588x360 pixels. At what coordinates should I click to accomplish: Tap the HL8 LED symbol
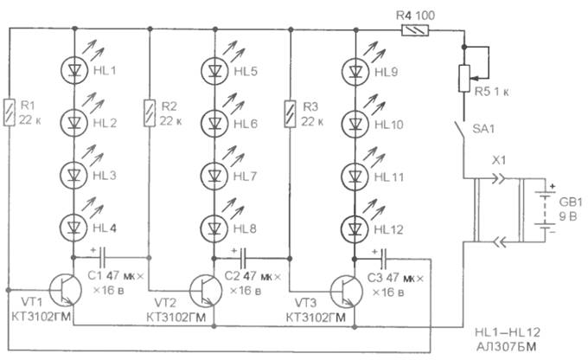tap(214, 229)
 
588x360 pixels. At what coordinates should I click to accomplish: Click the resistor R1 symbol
tap(10, 110)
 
